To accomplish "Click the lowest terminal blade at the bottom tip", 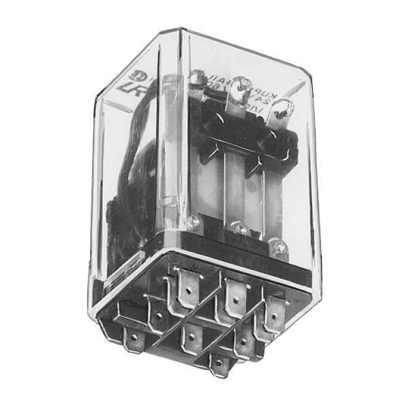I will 220,365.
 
